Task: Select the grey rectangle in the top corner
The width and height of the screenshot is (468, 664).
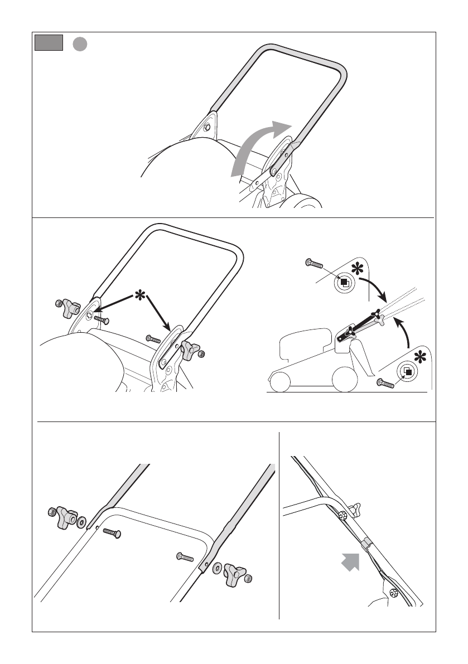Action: click(49, 43)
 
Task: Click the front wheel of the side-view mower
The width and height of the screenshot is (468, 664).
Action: click(282, 381)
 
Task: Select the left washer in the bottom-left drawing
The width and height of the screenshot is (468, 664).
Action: click(82, 522)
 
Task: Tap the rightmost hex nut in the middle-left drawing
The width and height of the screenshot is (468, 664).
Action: click(201, 353)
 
